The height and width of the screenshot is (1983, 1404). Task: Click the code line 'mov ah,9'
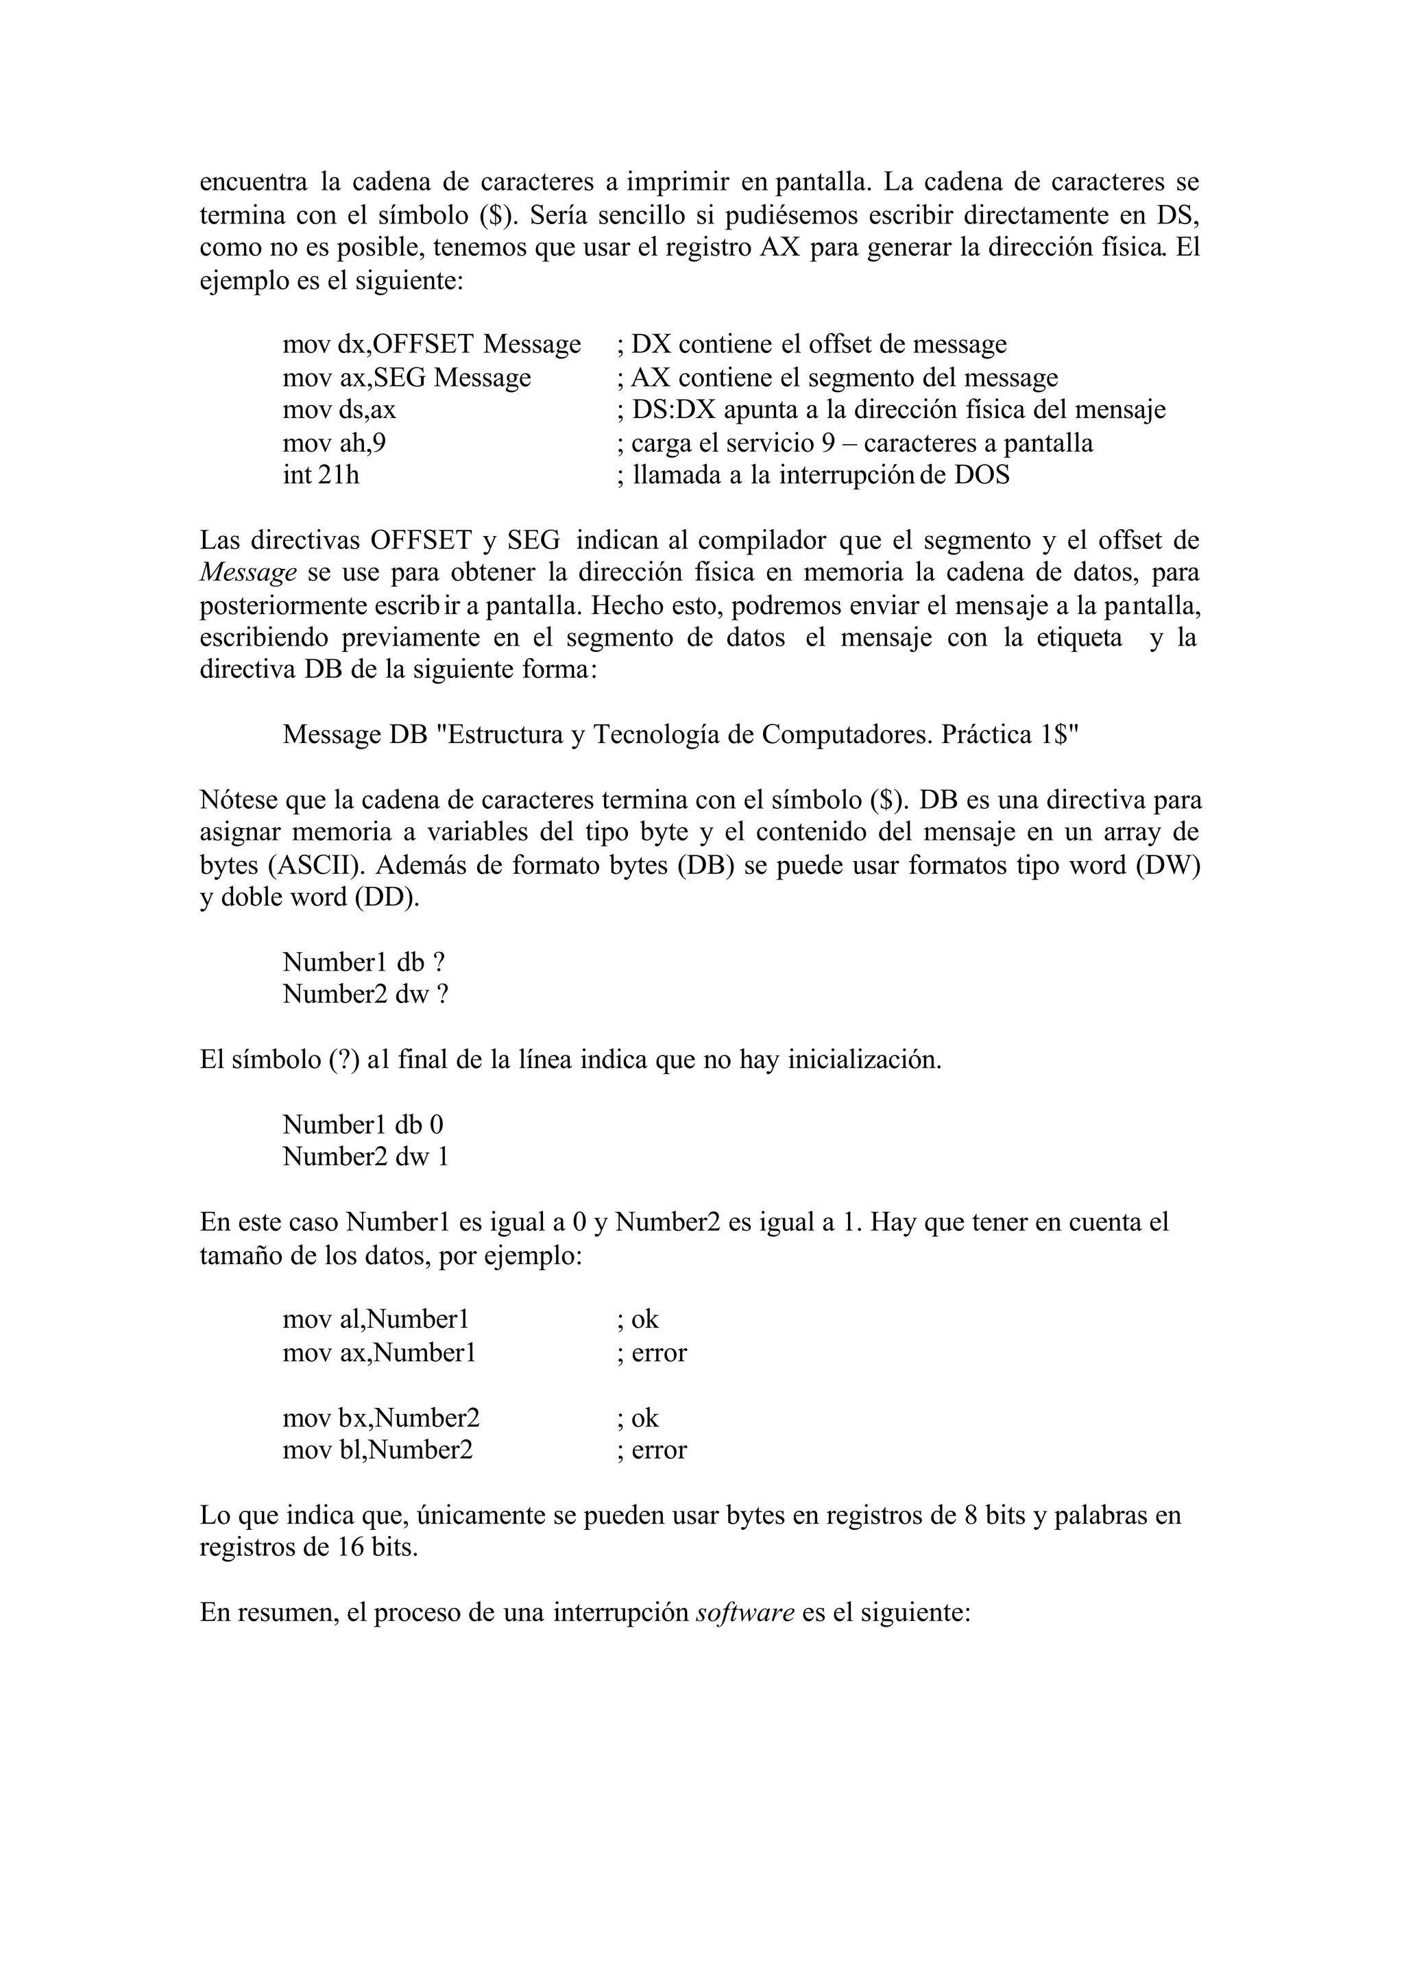point(334,443)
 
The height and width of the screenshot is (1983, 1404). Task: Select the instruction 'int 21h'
point(320,476)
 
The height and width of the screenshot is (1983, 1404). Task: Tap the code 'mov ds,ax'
point(339,410)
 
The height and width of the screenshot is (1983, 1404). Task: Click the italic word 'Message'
point(248,573)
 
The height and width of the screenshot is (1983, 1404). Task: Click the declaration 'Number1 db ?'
point(363,962)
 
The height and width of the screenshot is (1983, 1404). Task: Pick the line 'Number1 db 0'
point(362,1125)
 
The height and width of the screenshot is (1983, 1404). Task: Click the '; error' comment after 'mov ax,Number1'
point(652,1353)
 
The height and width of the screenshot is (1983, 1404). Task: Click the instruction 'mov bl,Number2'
point(377,1450)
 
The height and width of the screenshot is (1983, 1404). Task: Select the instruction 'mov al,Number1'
point(375,1320)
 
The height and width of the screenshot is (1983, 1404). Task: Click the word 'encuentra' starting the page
point(252,182)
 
